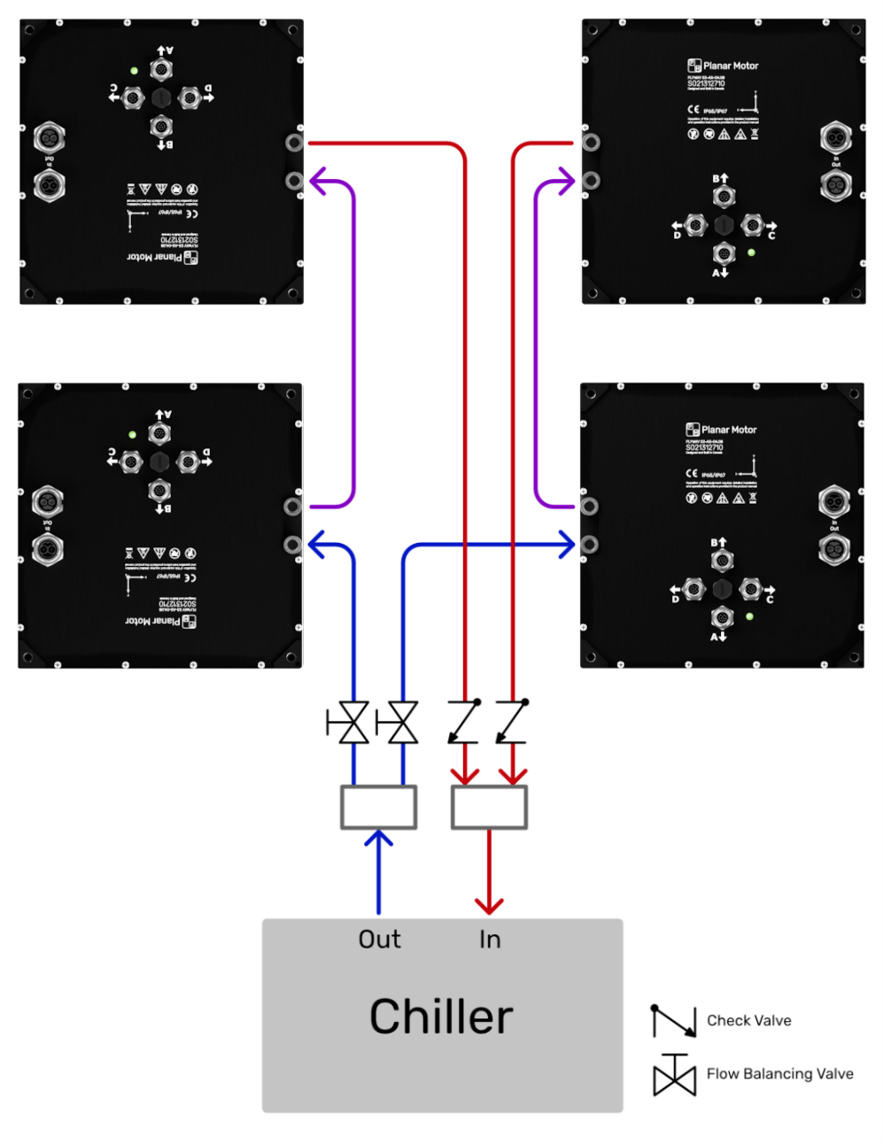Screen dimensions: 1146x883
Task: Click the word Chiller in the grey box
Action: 441,1016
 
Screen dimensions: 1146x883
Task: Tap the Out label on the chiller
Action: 379,939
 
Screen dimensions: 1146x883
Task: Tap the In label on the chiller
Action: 490,939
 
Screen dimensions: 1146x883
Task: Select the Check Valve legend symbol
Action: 674,1021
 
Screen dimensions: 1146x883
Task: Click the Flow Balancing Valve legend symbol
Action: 675,1075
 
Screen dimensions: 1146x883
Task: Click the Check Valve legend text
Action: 748,1020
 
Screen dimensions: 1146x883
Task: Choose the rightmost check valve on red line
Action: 512,722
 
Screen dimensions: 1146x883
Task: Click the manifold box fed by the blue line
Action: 379,807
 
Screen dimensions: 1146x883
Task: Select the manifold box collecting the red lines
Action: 489,807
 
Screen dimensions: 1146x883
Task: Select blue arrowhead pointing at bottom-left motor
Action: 316,545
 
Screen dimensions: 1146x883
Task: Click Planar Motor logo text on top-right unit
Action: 731,66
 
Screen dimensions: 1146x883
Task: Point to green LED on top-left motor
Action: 134,71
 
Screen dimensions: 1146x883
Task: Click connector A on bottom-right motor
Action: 722,617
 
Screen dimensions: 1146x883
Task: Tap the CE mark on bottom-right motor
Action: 692,474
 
